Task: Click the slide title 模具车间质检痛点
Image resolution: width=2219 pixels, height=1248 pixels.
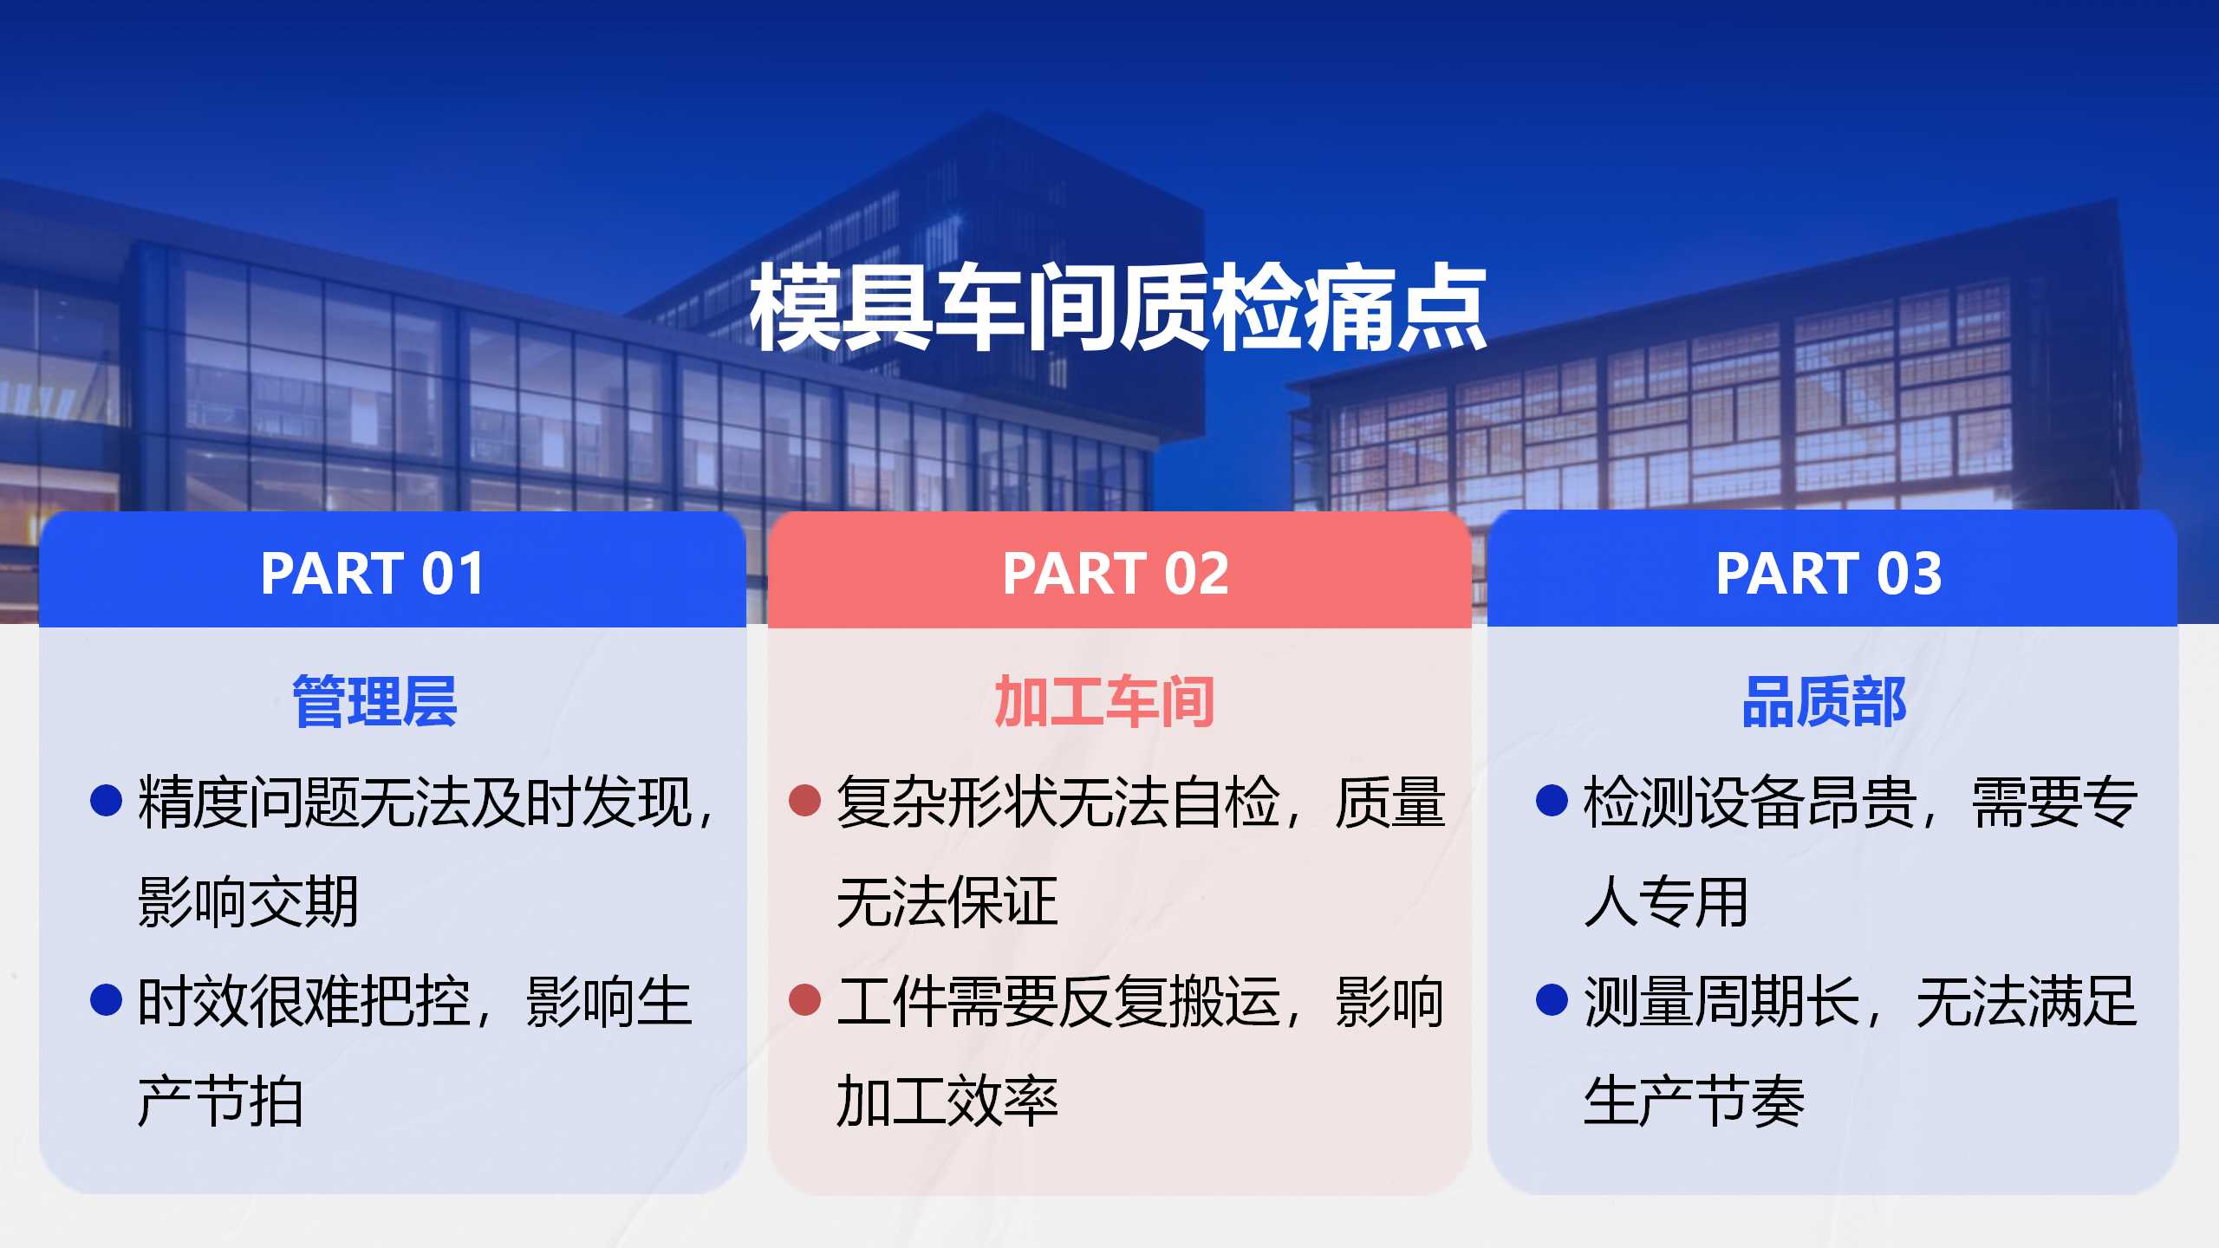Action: click(x=1118, y=308)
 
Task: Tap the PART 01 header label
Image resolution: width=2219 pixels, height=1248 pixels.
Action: click(x=373, y=574)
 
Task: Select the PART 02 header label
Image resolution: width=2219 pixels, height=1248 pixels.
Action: click(x=1116, y=574)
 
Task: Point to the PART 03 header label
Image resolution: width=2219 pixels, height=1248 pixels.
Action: click(x=1829, y=574)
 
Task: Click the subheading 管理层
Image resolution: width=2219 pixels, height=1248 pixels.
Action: click(x=374, y=701)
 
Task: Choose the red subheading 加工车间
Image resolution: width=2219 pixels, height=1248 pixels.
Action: click(x=1104, y=701)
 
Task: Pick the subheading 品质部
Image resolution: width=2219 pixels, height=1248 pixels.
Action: click(x=1824, y=701)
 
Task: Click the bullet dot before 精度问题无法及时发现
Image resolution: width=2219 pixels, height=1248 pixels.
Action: click(x=106, y=800)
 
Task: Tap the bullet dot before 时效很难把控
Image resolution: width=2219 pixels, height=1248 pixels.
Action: click(x=106, y=999)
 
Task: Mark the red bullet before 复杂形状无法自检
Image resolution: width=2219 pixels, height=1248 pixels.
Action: click(x=804, y=800)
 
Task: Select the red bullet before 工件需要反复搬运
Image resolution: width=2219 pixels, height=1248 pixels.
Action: click(x=804, y=999)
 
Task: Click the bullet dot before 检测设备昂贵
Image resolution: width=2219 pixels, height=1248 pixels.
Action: click(x=1552, y=800)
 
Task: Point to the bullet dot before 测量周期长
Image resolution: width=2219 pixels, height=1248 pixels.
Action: click(x=1552, y=999)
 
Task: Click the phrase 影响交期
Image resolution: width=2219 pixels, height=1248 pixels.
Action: click(x=248, y=902)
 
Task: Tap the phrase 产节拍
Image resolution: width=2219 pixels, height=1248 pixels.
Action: click(x=220, y=1102)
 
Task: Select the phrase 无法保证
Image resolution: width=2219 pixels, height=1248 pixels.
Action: click(x=947, y=902)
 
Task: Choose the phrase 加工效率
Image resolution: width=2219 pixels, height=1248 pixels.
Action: click(x=947, y=1102)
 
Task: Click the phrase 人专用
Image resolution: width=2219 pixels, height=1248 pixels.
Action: click(x=1666, y=902)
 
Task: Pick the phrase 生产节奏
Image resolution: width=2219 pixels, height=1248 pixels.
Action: click(x=1695, y=1102)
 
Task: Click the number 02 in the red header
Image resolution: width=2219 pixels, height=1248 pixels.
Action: click(x=1196, y=574)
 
